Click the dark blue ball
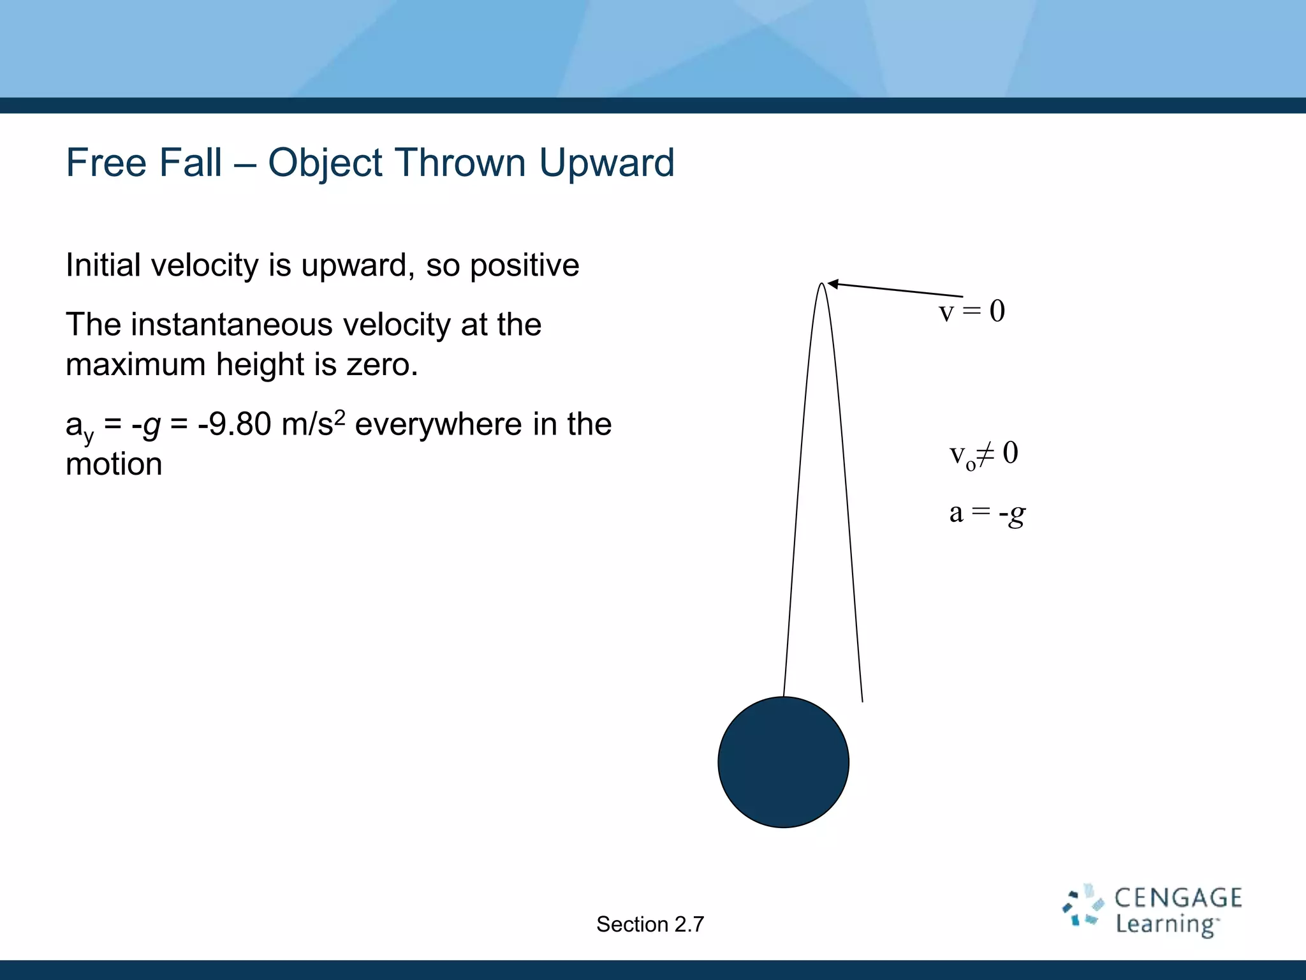[x=783, y=762]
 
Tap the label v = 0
[x=971, y=311]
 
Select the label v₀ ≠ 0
[x=983, y=454]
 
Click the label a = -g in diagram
[x=987, y=512]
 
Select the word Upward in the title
[x=606, y=163]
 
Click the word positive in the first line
[x=524, y=265]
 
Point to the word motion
[x=114, y=464]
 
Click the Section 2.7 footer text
[x=650, y=924]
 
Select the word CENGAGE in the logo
[x=1177, y=898]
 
